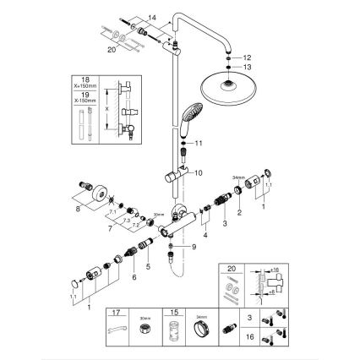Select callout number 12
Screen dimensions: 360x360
click(247, 56)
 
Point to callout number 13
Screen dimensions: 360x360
click(247, 66)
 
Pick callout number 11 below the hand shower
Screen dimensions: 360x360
click(200, 145)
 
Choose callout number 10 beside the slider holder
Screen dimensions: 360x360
click(199, 172)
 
